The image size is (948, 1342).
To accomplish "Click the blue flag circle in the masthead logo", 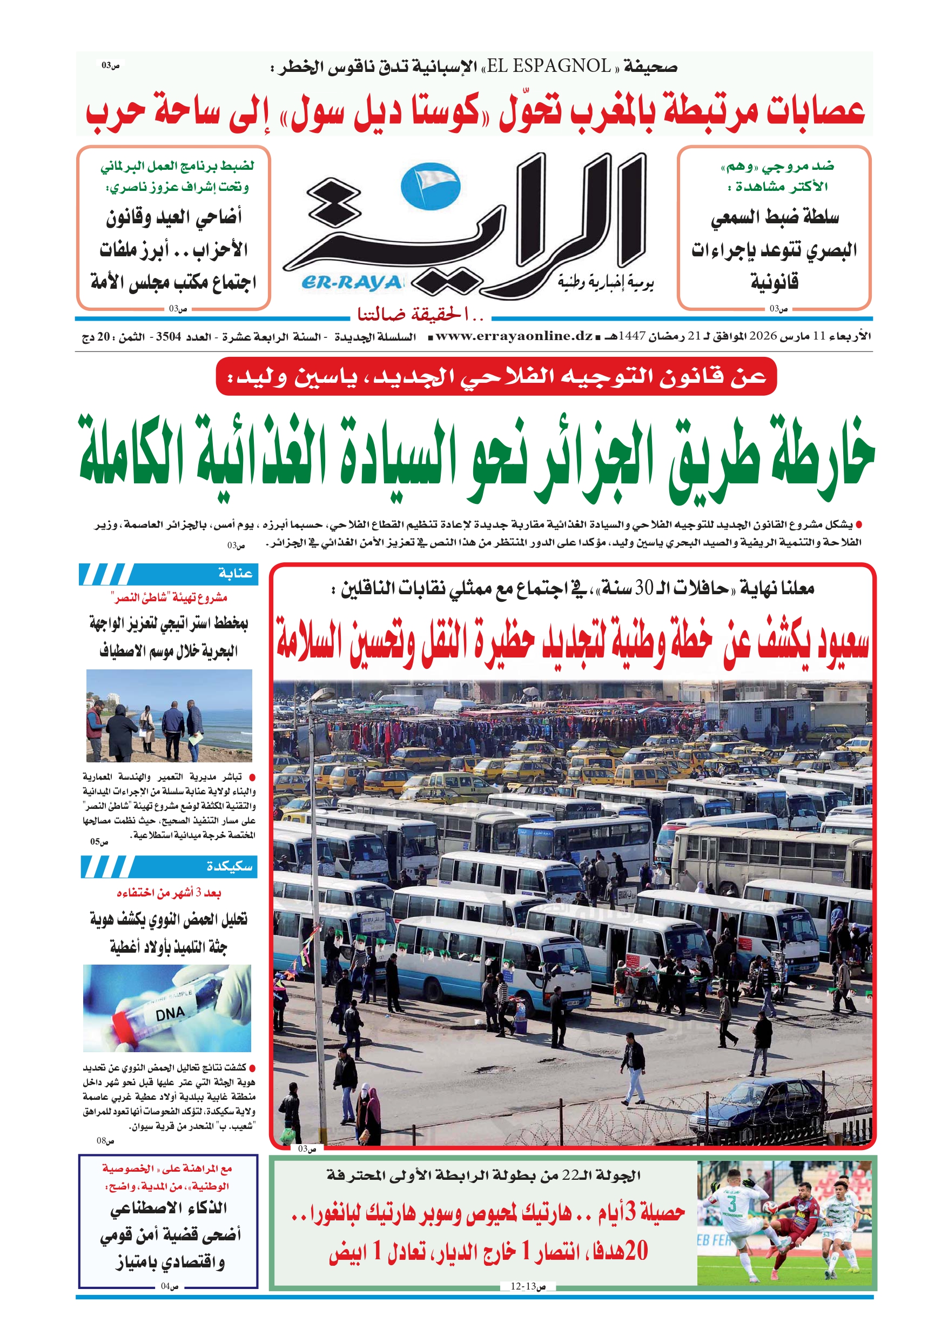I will point(431,186).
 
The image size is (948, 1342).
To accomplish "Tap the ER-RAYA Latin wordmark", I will point(352,283).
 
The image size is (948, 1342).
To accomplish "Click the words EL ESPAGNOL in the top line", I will point(548,66).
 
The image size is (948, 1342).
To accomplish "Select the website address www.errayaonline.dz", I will point(514,336).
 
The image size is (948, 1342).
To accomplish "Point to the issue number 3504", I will point(168,337).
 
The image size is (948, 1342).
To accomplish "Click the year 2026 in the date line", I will point(763,336).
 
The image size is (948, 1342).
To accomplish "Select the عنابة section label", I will point(235,573).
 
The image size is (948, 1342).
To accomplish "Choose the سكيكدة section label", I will point(229,866).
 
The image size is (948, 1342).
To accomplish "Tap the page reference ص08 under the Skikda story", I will point(105,1140).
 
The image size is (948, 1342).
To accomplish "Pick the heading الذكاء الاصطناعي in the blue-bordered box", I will point(169,1207).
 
